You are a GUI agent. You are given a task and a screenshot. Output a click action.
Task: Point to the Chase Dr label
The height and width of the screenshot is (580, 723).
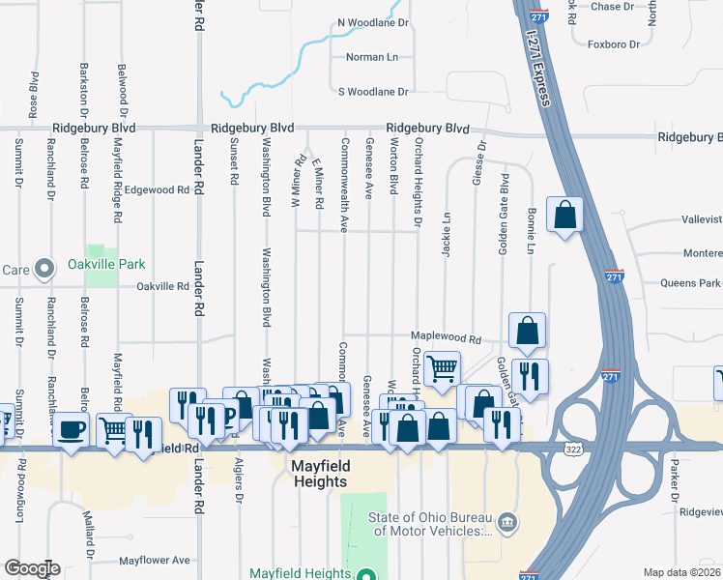click(612, 7)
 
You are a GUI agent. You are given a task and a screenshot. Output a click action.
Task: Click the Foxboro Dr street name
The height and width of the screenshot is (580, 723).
click(614, 44)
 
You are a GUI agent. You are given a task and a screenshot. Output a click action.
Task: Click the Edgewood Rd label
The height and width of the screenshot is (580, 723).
click(156, 190)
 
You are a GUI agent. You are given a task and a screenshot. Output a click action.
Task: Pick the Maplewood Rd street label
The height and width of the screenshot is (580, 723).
click(446, 339)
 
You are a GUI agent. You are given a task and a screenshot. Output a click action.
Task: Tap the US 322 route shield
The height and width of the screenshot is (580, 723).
click(572, 450)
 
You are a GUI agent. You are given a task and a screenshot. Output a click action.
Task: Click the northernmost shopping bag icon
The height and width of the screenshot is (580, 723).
click(564, 217)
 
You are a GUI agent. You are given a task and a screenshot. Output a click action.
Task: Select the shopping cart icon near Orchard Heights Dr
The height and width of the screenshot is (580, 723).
click(442, 368)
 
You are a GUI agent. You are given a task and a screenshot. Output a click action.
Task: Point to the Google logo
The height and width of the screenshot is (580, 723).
click(31, 568)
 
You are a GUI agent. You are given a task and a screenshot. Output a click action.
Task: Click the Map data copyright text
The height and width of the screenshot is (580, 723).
click(681, 572)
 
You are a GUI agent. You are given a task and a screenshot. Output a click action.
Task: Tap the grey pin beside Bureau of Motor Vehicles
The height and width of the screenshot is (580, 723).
click(509, 523)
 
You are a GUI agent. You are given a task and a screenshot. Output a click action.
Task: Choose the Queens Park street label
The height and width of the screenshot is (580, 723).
click(690, 284)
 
